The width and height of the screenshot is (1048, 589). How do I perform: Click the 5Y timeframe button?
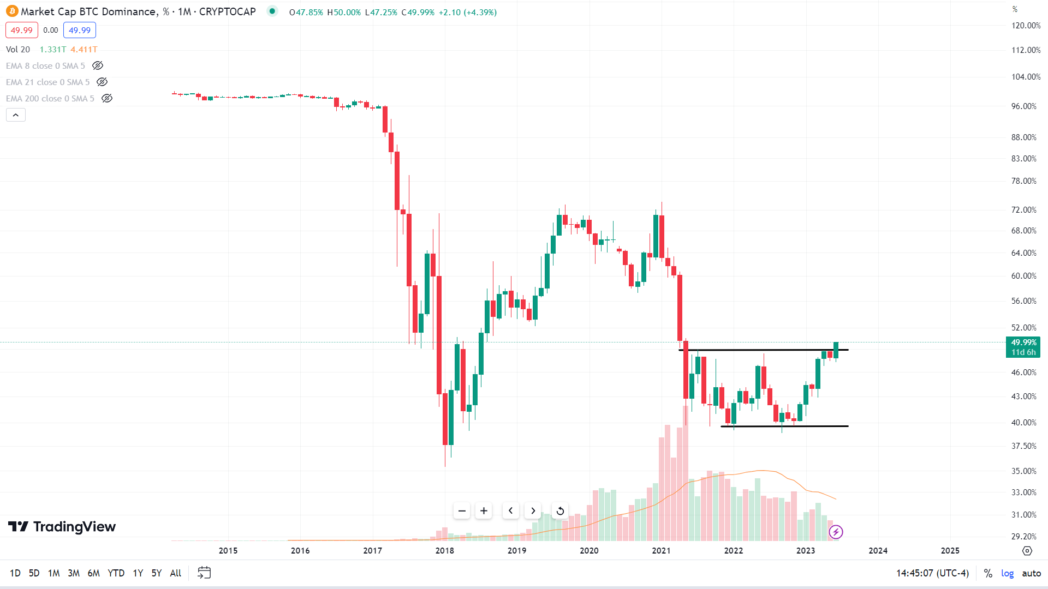(x=157, y=573)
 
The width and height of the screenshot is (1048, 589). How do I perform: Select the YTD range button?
(x=116, y=573)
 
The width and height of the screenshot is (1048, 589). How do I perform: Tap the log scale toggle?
(x=1007, y=573)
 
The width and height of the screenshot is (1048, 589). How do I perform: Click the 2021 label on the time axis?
(x=661, y=551)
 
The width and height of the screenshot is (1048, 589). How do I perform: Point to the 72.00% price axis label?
(x=1023, y=210)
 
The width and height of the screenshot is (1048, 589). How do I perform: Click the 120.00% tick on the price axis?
(x=1026, y=26)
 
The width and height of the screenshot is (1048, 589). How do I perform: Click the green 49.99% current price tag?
(x=1023, y=342)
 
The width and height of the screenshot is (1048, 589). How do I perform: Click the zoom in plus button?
(x=484, y=511)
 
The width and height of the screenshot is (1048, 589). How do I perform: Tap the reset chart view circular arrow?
(x=560, y=511)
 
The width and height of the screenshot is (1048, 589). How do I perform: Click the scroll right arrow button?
(x=533, y=511)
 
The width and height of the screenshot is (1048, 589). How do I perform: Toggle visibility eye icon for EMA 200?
(x=107, y=99)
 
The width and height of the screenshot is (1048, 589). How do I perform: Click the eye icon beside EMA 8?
(x=98, y=66)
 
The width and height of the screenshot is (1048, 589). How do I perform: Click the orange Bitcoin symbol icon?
(x=12, y=11)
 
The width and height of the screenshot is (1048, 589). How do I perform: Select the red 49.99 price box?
(x=22, y=31)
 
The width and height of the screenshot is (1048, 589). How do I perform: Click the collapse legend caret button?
(x=16, y=115)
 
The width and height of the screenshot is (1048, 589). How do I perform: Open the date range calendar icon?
(x=204, y=573)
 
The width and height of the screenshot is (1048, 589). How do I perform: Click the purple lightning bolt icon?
(x=836, y=532)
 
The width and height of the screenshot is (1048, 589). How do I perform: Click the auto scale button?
(x=1031, y=573)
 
